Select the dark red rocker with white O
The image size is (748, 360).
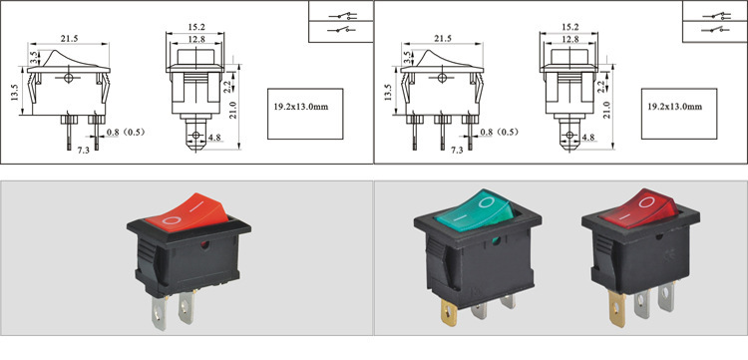[639, 208]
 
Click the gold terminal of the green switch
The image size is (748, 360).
[449, 314]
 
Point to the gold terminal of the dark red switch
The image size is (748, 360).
[617, 309]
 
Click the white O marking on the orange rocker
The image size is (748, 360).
[172, 220]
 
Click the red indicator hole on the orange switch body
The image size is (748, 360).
[205, 245]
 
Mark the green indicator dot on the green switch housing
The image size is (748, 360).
[496, 240]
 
